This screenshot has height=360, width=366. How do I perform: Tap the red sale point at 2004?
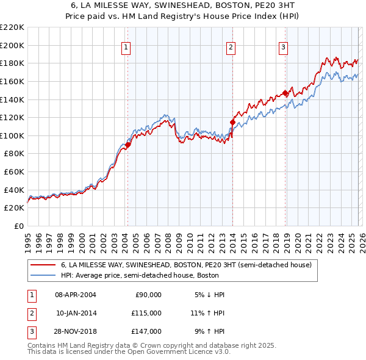(128, 145)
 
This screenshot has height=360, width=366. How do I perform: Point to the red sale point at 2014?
(232, 122)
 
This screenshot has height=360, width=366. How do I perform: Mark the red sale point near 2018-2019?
(285, 93)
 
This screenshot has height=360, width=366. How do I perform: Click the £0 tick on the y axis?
(18, 226)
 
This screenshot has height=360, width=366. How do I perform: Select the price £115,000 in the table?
(146, 313)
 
